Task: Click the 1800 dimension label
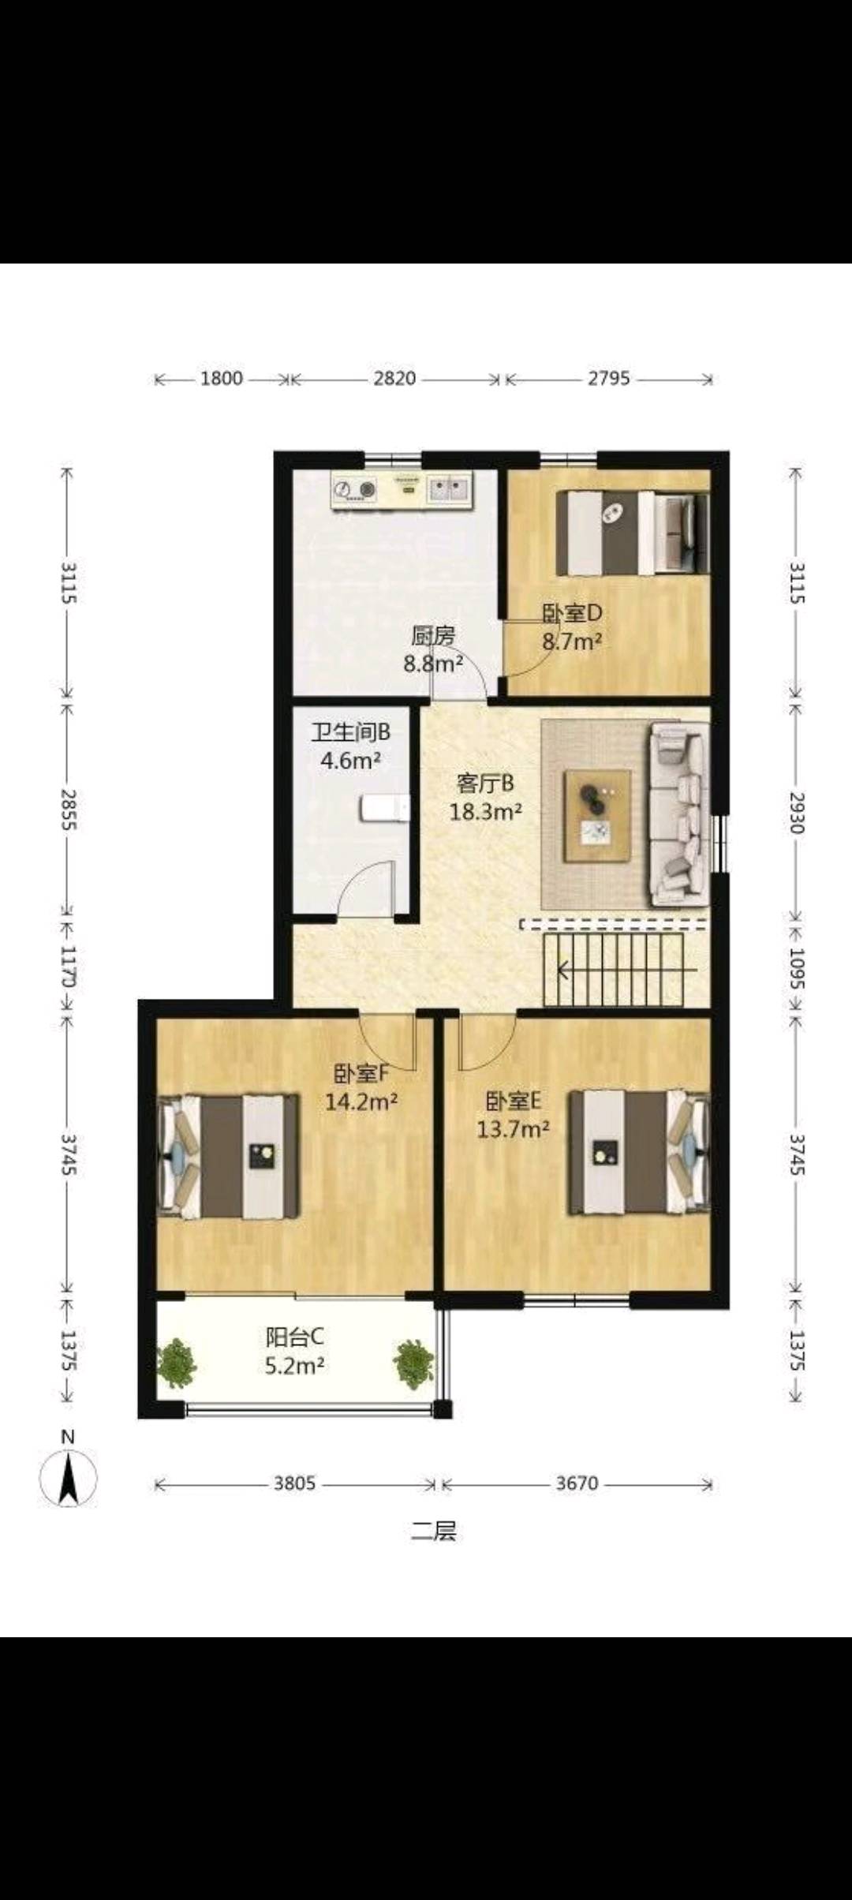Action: coord(221,379)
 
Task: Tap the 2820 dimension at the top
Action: coord(394,379)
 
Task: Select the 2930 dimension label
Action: coord(797,813)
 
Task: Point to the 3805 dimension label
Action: coord(294,1483)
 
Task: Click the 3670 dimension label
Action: coord(577,1483)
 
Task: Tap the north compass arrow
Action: coord(69,1477)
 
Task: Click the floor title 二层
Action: coord(433,1532)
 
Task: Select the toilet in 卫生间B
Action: coord(385,808)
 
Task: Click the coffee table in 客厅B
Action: coord(597,816)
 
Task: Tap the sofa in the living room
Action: coord(678,816)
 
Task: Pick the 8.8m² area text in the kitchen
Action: coord(433,664)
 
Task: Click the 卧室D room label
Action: coord(572,613)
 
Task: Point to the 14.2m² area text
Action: coord(361,1101)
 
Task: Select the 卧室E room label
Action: coord(513,1101)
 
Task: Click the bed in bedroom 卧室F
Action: coord(229,1156)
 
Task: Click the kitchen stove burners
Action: coord(354,490)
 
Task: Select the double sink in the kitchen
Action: coord(449,489)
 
